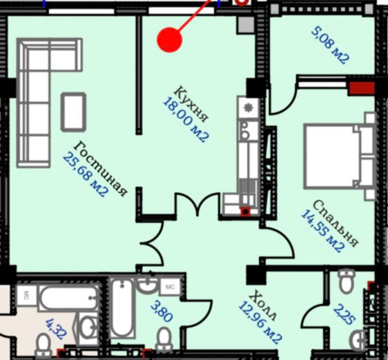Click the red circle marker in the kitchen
pos(170,40)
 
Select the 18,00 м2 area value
pos(186,120)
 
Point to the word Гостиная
pos(100,169)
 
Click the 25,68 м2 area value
pos(86,175)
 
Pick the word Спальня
pos(336,223)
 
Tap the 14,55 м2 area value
pos(322,231)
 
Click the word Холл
pos(262,306)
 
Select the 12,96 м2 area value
pos(260,323)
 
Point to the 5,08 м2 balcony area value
pos(330,46)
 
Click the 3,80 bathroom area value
pos(162,311)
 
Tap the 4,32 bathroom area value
pos(57,330)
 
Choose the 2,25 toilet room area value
pos(345,314)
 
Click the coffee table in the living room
pos(73,112)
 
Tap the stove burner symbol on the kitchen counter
pos(248,108)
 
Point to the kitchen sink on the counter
pos(245,131)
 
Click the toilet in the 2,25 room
pos(347,281)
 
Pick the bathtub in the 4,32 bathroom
pos(69,298)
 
